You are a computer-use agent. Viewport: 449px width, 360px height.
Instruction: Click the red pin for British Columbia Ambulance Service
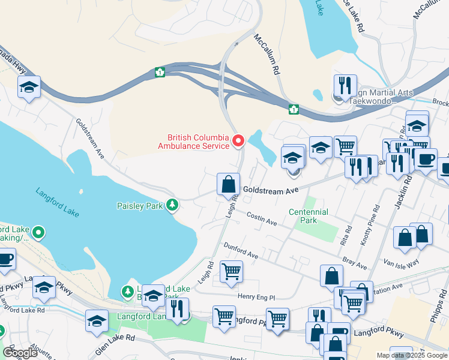coord(238,141)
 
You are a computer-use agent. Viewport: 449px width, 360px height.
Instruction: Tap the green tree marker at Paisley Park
coord(173,206)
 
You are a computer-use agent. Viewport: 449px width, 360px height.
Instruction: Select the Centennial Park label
coord(308,216)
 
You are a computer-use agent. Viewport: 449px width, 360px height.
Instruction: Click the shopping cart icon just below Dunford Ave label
coord(231,271)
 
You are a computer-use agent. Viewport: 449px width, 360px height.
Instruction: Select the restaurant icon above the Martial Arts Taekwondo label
coord(345,85)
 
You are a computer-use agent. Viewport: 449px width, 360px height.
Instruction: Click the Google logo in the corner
coord(20,353)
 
